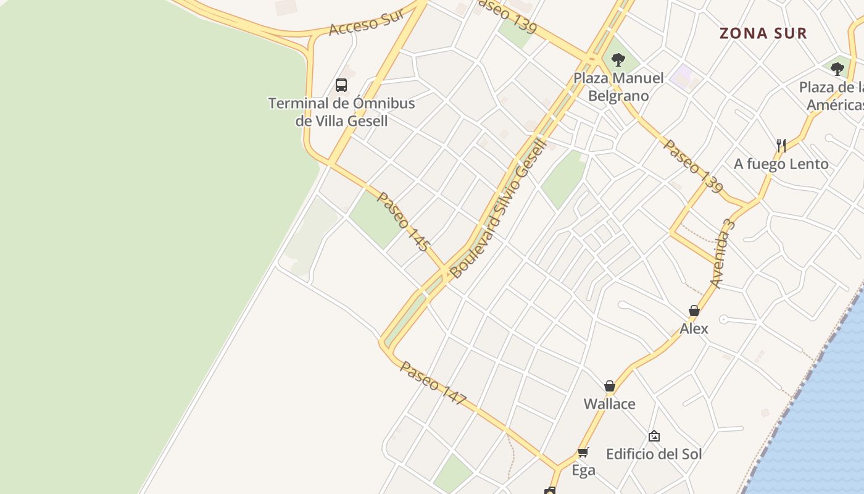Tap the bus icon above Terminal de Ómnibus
coord(341,85)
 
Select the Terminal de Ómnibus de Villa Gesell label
coord(341,112)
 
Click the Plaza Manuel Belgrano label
coord(618,87)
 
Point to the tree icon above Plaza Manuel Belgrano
coord(618,60)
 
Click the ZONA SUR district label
coord(763,33)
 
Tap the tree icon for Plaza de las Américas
coord(837,69)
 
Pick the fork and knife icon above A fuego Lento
coord(781,146)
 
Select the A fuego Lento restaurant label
coord(781,164)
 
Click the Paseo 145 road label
coord(402,222)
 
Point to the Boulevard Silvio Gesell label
coord(498,209)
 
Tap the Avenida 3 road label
coord(723,253)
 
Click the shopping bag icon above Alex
coord(694,311)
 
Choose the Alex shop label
coord(694,329)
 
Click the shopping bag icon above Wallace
coord(610,386)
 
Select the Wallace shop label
coord(610,404)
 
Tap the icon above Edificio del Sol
coord(654,437)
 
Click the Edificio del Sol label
coord(654,454)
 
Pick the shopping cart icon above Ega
coord(583,452)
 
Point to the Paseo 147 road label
coord(433,383)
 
